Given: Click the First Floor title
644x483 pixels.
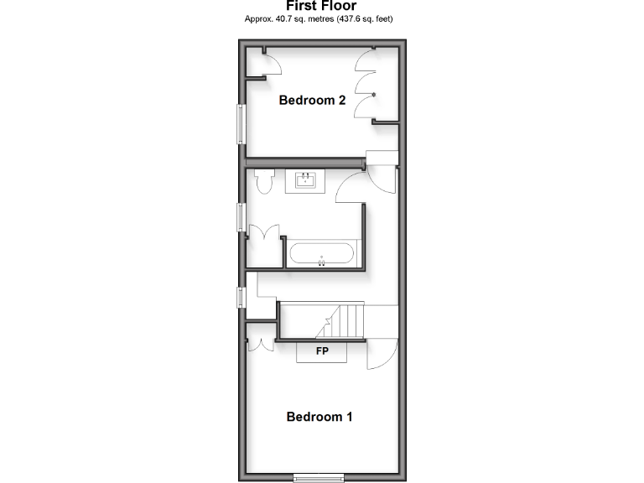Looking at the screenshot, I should point(321,6).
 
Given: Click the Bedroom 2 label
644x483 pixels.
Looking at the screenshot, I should point(312,101).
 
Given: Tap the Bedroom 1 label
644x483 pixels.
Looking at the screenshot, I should point(319,417).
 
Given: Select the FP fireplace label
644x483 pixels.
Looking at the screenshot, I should point(321,351).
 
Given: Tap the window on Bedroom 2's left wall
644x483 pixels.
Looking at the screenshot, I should point(241,124).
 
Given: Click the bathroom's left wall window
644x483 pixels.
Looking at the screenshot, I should point(241,216).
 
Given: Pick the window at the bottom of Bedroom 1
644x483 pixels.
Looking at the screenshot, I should point(319,478).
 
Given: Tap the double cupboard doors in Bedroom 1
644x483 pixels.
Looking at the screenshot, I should point(261,344).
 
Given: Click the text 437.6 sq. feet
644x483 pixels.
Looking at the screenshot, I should point(366,18).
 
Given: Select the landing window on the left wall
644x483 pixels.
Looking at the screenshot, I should point(241,298).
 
